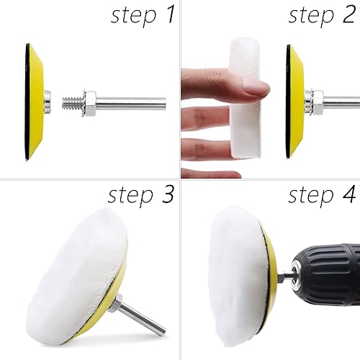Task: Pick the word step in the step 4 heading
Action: (311, 196)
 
